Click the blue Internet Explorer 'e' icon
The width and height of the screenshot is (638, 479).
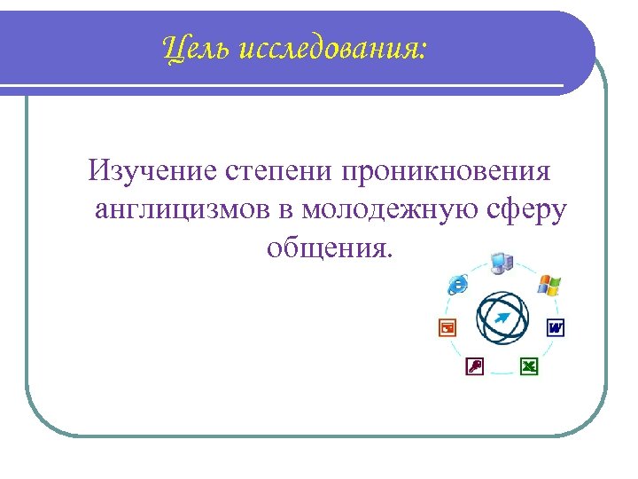[x=458, y=284]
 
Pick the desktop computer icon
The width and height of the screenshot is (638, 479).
[x=502, y=263]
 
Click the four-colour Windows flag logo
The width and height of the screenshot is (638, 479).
[x=549, y=286]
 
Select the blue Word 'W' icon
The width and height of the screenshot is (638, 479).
[x=556, y=327]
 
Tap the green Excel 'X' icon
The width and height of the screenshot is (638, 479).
[x=529, y=365]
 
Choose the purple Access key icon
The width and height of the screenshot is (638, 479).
[x=474, y=365]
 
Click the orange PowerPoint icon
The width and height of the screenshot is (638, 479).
[x=447, y=327]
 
